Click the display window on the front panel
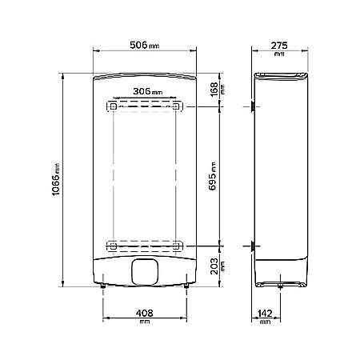[146, 272]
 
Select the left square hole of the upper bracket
[113, 106]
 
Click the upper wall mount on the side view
[253, 106]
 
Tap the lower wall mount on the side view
[253, 246]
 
